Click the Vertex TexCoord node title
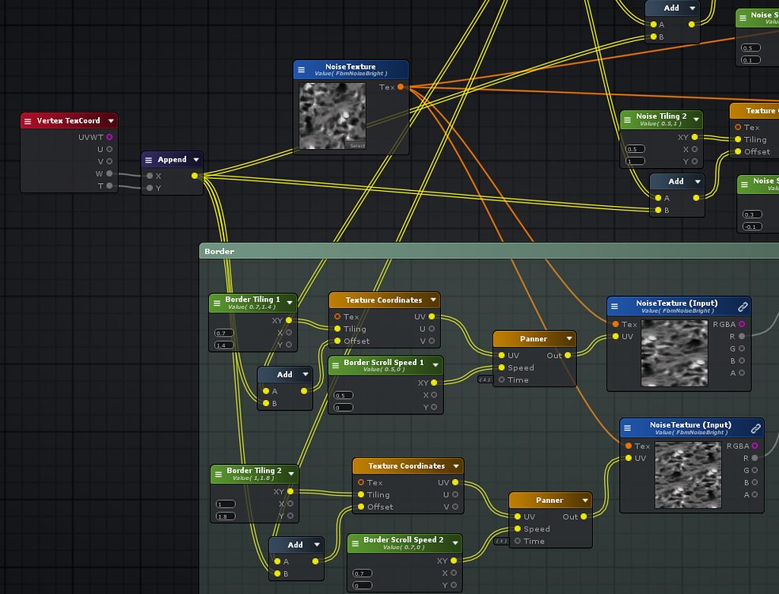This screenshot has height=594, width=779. [69, 121]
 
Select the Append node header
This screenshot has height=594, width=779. [172, 160]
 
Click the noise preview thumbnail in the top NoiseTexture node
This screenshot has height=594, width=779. [332, 116]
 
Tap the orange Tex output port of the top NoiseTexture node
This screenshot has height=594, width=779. [401, 87]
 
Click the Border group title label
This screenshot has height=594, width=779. [220, 251]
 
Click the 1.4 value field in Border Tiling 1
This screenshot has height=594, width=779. [222, 345]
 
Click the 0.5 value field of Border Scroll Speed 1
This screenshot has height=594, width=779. [344, 395]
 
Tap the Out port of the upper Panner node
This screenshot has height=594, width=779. [568, 356]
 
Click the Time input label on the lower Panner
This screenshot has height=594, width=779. [534, 541]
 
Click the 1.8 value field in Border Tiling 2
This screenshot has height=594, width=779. [226, 516]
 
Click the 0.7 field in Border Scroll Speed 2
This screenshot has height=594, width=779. [363, 573]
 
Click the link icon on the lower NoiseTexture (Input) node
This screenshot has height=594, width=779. [755, 428]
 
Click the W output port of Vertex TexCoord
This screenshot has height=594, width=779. [109, 173]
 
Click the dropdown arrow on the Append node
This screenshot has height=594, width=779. [196, 160]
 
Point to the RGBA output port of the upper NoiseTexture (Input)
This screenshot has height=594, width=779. [742, 324]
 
